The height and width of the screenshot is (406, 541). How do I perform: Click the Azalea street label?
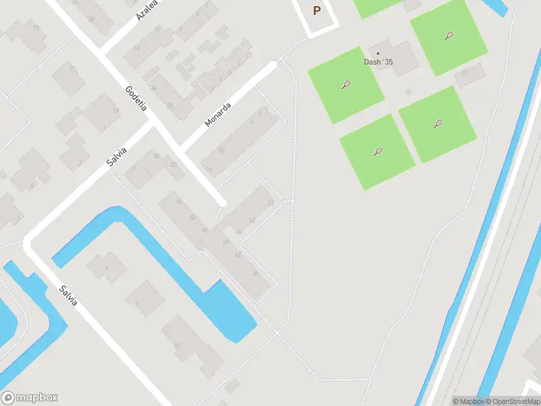pos(147,9)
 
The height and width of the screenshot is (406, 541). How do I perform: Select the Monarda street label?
pos(218,114)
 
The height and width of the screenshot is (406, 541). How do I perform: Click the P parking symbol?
pos(316,11)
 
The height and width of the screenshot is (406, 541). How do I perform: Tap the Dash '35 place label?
pos(378,62)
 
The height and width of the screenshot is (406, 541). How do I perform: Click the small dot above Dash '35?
pos(378,53)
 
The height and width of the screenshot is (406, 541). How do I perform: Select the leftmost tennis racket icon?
pos(346,85)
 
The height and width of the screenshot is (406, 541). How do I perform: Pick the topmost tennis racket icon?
pos(448,36)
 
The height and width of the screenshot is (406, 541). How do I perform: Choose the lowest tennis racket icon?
pos(377,152)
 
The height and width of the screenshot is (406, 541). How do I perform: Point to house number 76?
pos(179,202)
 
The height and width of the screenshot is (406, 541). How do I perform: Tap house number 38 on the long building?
pos(255,273)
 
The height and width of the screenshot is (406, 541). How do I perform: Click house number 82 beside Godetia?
pos(156,156)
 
